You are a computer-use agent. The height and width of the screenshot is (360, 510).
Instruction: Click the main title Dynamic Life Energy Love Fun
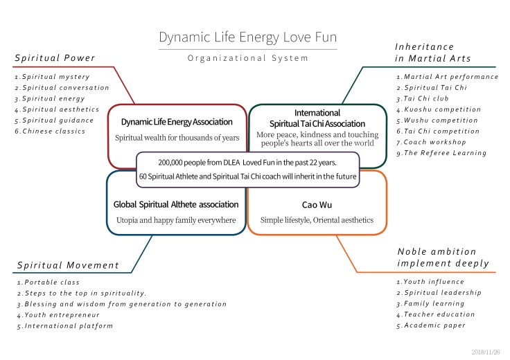(x=247, y=37)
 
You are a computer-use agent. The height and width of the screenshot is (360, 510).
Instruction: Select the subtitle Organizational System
(x=247, y=58)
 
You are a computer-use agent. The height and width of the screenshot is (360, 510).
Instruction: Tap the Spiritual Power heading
(x=55, y=57)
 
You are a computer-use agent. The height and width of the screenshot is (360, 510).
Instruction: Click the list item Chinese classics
(x=55, y=131)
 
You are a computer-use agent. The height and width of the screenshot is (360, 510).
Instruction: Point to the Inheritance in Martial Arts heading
(x=432, y=53)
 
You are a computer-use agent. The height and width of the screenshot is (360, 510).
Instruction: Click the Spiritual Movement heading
(x=68, y=265)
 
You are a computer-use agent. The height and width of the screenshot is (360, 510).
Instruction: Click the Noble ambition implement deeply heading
(x=443, y=257)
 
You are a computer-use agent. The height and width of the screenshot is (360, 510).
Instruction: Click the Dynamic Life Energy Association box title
(x=176, y=123)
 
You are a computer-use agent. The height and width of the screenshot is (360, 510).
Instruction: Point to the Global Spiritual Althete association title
(x=176, y=204)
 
